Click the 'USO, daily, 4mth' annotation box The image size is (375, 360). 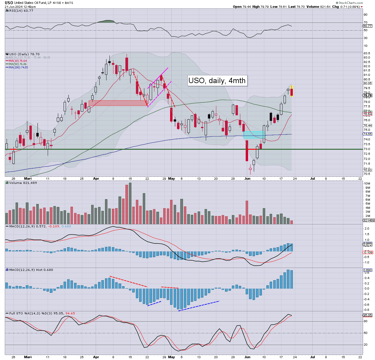[217, 80]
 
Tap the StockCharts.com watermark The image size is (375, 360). [350, 3]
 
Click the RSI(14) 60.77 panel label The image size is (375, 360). [21, 11]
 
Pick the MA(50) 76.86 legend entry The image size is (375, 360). [17, 64]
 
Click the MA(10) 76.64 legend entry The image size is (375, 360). [17, 61]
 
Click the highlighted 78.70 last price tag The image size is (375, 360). [367, 95]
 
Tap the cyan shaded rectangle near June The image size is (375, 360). [254, 135]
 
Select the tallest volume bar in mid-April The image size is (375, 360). [130, 203]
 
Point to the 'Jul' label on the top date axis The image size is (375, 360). [312, 178]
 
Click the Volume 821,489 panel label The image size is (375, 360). [23, 183]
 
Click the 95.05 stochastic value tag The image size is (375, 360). [367, 315]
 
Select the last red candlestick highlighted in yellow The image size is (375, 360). [292, 91]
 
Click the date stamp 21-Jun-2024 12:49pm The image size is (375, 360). [20, 7]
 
